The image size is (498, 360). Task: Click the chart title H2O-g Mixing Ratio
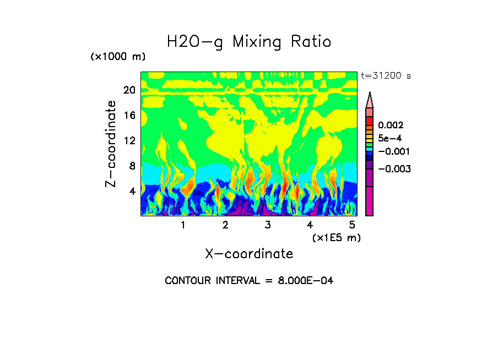point(249,42)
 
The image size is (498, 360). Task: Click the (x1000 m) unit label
point(118,57)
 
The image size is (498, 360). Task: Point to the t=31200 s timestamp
point(386,75)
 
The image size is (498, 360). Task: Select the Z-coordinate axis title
point(111,144)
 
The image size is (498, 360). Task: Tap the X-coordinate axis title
point(249,254)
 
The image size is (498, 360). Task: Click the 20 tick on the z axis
point(129,90)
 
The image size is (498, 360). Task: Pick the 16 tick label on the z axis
point(129,116)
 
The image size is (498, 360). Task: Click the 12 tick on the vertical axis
point(129,141)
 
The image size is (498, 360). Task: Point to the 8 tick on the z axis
point(132,166)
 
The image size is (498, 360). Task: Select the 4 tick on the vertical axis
point(132,192)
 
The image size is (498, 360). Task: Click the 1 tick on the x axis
point(183,225)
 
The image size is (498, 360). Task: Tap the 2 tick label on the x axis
point(225,225)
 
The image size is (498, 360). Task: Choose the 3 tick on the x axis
point(268,225)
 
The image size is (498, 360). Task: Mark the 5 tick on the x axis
point(352,225)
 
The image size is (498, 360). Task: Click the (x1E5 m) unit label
point(336,238)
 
